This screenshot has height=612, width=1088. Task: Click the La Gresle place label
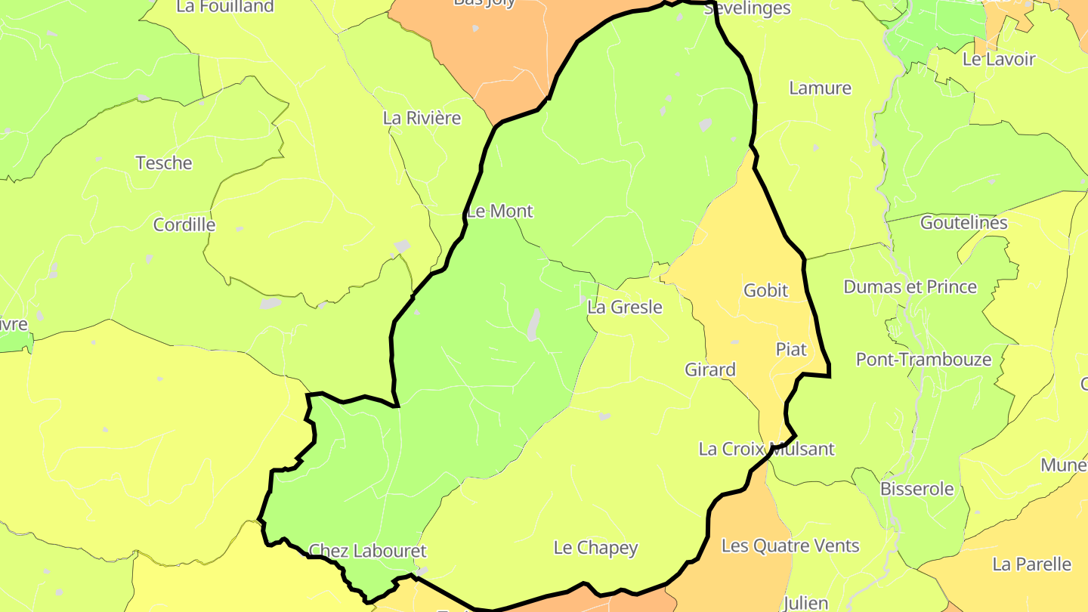pos(625,308)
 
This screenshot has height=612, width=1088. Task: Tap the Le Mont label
pos(500,212)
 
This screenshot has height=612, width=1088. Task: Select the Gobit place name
pos(765,290)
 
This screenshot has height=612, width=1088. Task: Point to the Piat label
pos(791,349)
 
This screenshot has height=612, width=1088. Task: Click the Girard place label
pos(710,369)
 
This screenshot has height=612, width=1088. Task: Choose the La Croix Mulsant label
pos(766,449)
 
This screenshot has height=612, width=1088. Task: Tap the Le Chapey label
pos(595,548)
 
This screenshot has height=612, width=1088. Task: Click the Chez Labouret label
pos(368,551)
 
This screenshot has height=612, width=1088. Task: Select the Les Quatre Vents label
pos(790,546)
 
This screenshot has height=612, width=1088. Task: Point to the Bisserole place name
pos(916,489)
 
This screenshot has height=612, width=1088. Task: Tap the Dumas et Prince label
pos(910,287)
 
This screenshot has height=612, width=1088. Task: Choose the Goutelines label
pos(963,223)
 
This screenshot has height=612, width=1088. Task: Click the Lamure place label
pos(820,88)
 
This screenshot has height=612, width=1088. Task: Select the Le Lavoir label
pos(999,59)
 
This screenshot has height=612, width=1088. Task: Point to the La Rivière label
pos(422,118)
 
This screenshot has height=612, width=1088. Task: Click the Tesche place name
pos(164,163)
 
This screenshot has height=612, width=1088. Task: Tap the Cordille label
pos(184,225)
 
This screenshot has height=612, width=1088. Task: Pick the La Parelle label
pos(1031,564)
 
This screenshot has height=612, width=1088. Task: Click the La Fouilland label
pos(225,7)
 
